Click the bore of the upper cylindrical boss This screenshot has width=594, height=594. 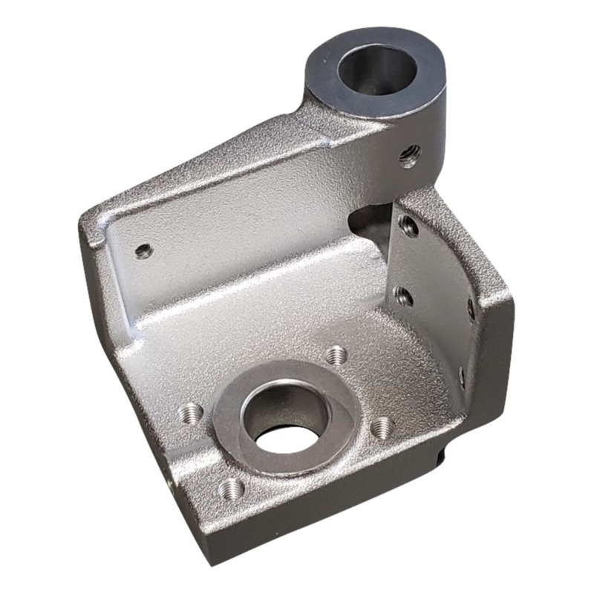coord(377,68)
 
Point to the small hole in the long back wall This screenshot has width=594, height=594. coord(143,250)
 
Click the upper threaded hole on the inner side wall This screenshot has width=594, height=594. coord(408,226)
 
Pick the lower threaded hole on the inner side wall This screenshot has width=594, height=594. coord(403,296)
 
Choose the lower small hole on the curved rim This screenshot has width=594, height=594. coord(462,376)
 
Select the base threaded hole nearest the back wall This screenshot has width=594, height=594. coord(336,354)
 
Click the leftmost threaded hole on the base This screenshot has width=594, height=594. coord(192,412)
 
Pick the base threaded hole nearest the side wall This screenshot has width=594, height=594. coord(382,426)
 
